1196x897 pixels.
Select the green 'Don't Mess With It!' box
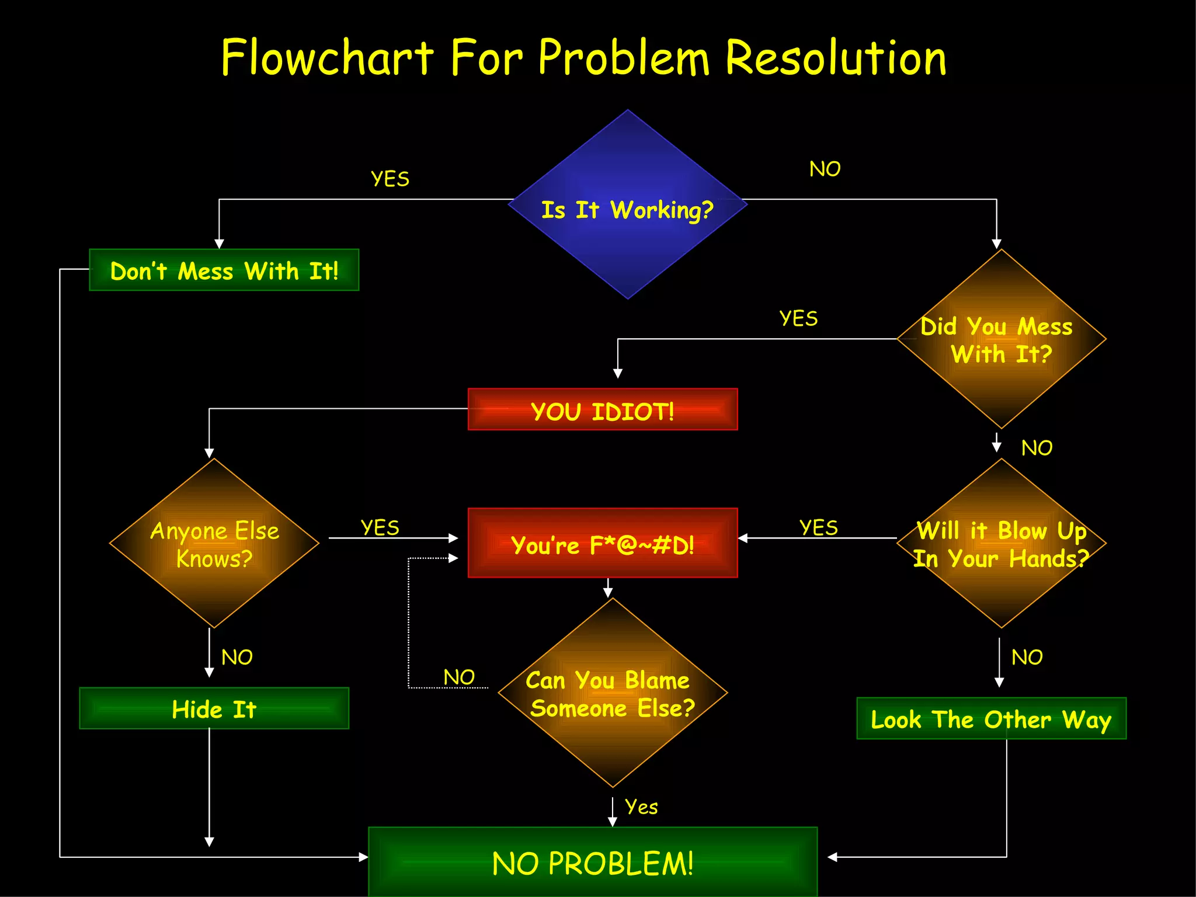pyautogui.click(x=224, y=270)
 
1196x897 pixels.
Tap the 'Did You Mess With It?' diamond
pyautogui.click(x=1001, y=339)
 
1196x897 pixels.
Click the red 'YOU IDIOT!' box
pyautogui.click(x=603, y=409)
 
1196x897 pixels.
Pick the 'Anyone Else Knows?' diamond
pyautogui.click(x=214, y=543)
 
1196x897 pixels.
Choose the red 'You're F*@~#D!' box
pyautogui.click(x=603, y=543)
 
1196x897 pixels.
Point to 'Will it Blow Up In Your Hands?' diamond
pyautogui.click(x=1001, y=543)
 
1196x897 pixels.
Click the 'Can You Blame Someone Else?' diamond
pyautogui.click(x=612, y=693)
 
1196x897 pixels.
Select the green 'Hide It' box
pyautogui.click(x=214, y=708)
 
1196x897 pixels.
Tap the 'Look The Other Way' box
pyautogui.click(x=991, y=718)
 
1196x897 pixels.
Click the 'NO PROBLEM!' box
pyautogui.click(x=593, y=862)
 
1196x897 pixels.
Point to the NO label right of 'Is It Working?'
pyautogui.click(x=825, y=169)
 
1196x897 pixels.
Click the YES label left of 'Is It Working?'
pyautogui.click(x=390, y=179)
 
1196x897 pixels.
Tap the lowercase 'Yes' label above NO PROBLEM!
pyautogui.click(x=641, y=806)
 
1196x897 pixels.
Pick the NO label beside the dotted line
pyautogui.click(x=459, y=677)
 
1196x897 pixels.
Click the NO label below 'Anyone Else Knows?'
pyautogui.click(x=237, y=658)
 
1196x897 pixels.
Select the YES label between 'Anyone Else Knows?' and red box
pyautogui.click(x=380, y=528)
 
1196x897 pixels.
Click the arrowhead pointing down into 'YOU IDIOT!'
pyautogui.click(x=618, y=374)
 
